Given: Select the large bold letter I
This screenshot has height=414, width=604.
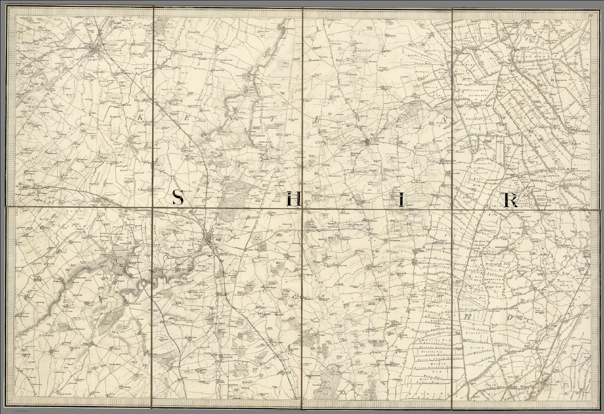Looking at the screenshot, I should pyautogui.click(x=401, y=200).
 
